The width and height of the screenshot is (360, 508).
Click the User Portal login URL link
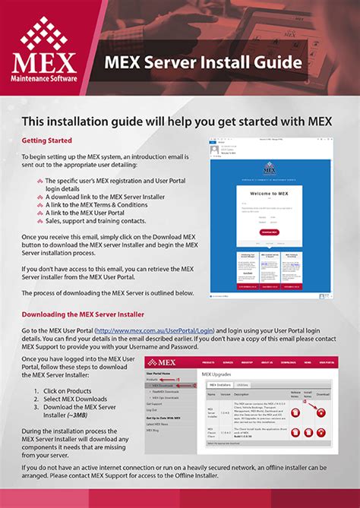click(x=160, y=332)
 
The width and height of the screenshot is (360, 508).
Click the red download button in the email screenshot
click(x=268, y=232)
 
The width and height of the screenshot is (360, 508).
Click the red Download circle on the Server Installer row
click(x=321, y=412)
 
